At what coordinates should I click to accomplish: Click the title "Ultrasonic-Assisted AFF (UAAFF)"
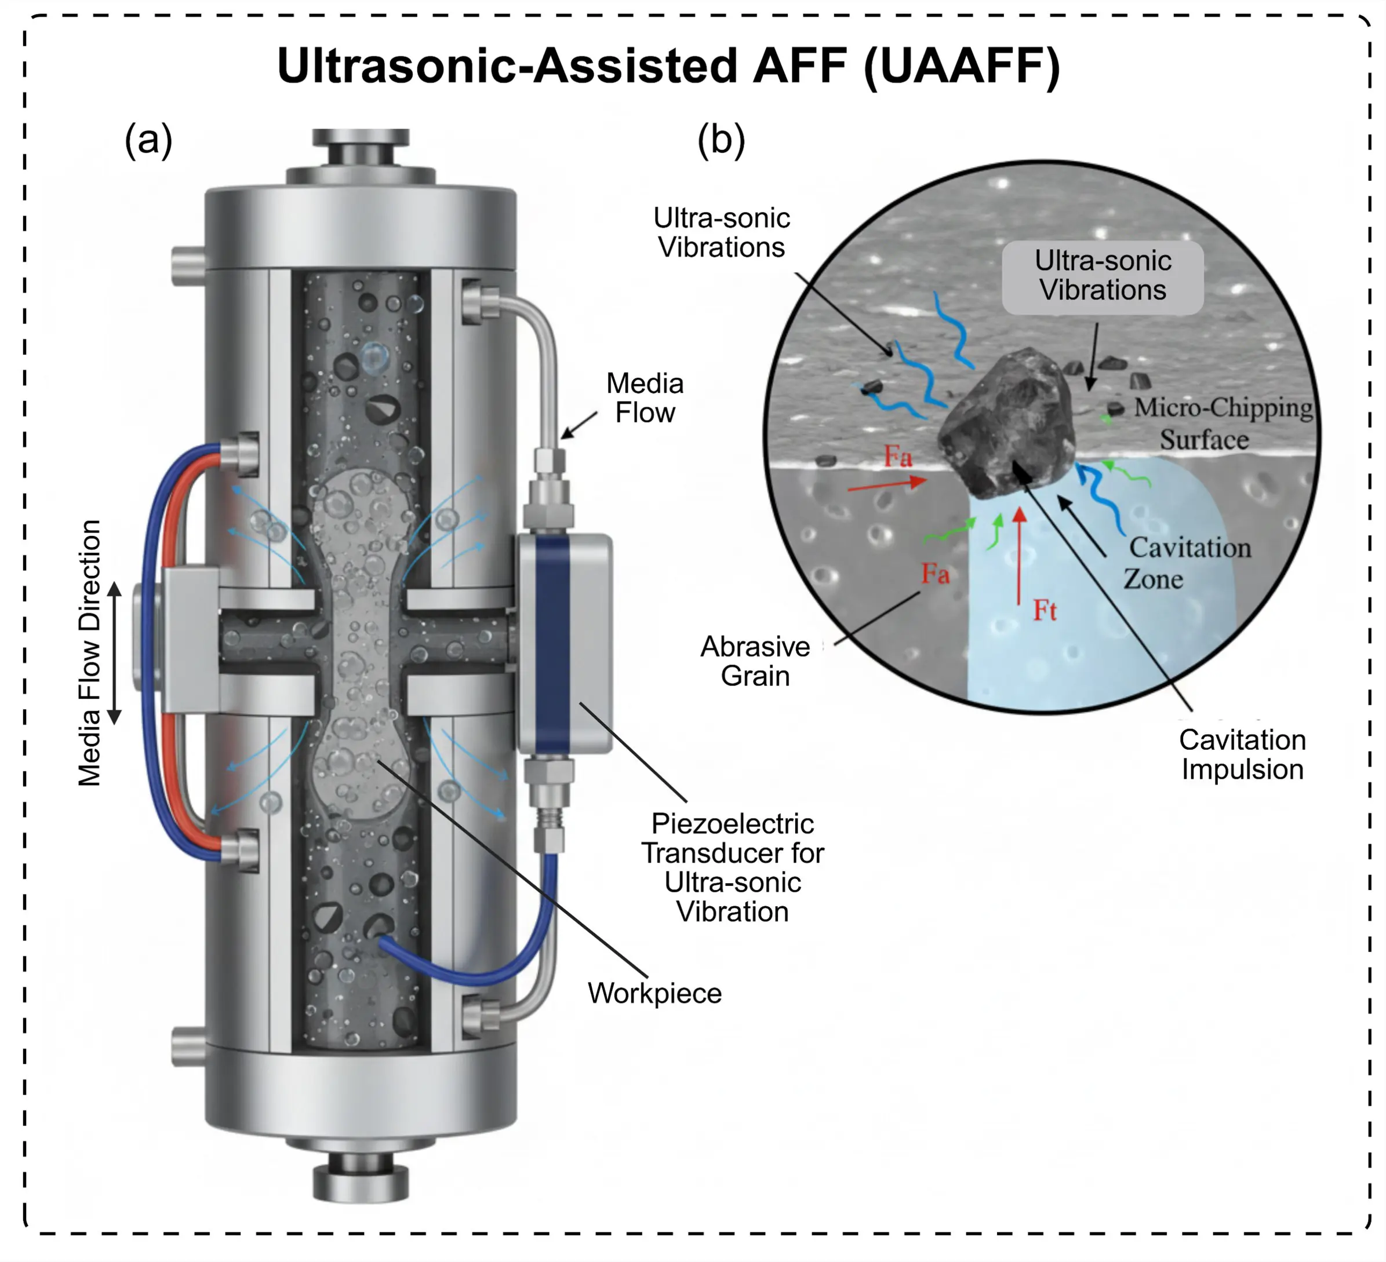[668, 66]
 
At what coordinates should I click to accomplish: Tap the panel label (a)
[148, 140]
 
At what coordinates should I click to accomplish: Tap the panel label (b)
[721, 140]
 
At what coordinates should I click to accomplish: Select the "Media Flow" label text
[644, 398]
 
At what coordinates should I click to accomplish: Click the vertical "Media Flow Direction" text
[89, 653]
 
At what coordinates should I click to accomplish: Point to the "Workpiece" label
[654, 993]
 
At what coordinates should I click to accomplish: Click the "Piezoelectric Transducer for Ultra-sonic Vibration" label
[732, 867]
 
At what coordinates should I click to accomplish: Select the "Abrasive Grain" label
[755, 661]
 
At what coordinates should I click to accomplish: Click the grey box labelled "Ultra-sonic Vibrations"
[1103, 276]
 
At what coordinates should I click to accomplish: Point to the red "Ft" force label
[1045, 610]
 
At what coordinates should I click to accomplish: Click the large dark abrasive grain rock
[1007, 423]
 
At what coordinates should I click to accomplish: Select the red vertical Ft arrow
[1020, 557]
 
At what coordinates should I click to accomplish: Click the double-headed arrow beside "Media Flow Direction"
[115, 653]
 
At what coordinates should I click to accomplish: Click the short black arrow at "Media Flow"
[579, 425]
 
